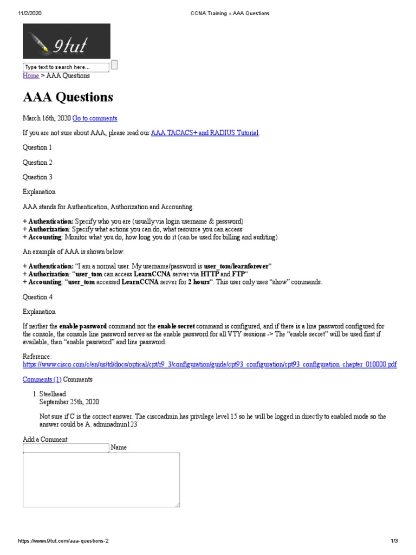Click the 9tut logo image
pos(66,41)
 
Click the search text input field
pos(65,67)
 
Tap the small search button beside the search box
pos(114,66)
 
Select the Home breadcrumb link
pos(31,76)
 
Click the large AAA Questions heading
pos(68,97)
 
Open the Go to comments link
pos(95,118)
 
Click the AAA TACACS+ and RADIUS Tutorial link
pos(205,133)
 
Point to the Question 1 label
pos(37,147)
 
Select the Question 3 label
pos(37,177)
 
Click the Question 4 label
pos(37,297)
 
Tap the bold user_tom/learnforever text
pos(236,267)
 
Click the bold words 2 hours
pos(198,282)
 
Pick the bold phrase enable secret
pos(175,327)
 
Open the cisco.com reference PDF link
pos(209,365)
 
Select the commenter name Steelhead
pos(53,394)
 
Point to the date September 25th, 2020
pos(69,402)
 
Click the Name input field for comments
pos(66,448)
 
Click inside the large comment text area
pos(101,480)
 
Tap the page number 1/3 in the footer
pos(394,541)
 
